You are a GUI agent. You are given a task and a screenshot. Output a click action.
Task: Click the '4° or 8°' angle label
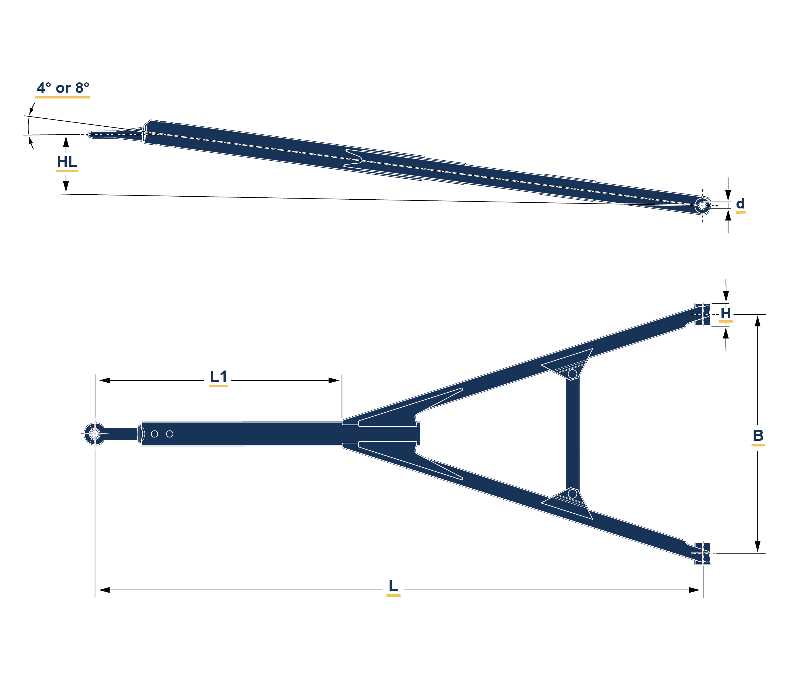coord(63,88)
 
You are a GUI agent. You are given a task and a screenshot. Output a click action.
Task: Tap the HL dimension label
coord(67,162)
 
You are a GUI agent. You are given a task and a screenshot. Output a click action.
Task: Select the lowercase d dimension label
coord(740,204)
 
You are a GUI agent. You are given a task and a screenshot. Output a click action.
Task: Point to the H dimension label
coord(726,313)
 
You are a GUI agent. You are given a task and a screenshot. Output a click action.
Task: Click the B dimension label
coord(758,436)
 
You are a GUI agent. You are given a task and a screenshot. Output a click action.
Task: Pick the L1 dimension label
coord(218,377)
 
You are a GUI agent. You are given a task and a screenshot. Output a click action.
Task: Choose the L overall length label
coord(393,585)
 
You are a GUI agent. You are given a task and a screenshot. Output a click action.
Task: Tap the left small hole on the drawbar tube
coord(154,434)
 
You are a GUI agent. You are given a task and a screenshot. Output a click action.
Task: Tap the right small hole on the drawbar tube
coord(170,434)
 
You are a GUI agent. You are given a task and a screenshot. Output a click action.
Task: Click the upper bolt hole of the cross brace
coord(572,374)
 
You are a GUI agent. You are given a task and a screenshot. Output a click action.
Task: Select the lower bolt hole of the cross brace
coord(572,494)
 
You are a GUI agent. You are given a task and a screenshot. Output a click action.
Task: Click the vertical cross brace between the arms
coord(572,433)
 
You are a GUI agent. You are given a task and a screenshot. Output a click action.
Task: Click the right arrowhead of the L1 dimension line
coord(334,380)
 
